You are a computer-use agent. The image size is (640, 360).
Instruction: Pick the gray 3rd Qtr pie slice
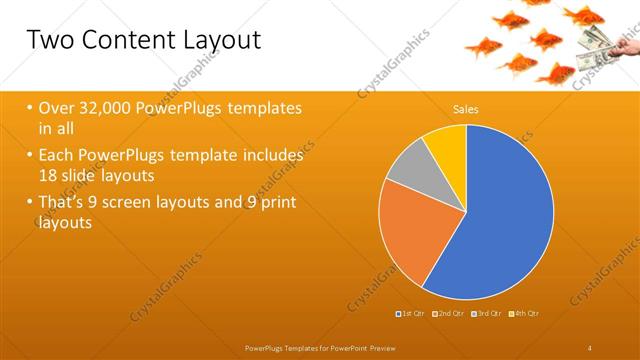[409, 167]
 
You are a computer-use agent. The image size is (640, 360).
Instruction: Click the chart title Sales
[465, 108]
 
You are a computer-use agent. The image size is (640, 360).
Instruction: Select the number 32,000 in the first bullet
[105, 108]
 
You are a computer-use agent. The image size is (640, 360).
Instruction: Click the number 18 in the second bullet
[49, 176]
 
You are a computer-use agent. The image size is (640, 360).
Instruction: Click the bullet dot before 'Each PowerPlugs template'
[29, 156]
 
